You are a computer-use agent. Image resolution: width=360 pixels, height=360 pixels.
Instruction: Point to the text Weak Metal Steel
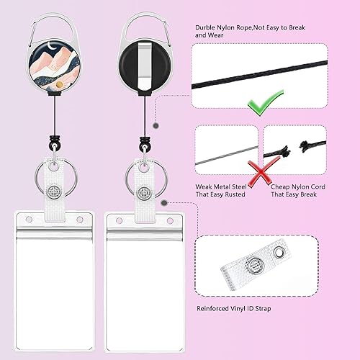220,187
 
